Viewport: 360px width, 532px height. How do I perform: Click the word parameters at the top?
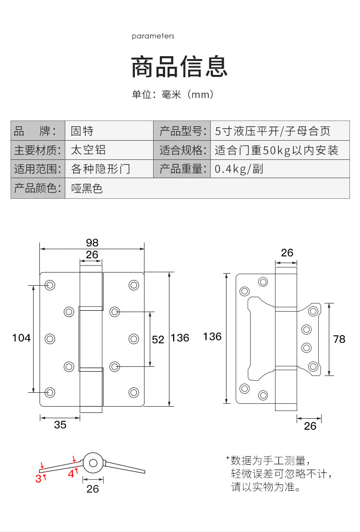(x=153, y=36)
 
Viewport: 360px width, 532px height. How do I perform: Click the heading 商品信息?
(x=180, y=66)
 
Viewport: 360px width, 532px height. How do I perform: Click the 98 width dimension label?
(x=92, y=242)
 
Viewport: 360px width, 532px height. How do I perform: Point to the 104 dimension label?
(x=22, y=338)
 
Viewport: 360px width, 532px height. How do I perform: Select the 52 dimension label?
(x=158, y=339)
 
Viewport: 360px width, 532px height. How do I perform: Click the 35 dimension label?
(x=60, y=425)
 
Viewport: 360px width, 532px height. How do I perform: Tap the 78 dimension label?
(x=339, y=339)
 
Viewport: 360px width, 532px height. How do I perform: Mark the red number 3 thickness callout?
(x=38, y=479)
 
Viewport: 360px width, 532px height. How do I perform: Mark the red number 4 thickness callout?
(x=71, y=473)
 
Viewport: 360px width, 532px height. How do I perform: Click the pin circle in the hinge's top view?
(x=93, y=463)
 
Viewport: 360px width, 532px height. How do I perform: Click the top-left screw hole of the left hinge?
(x=50, y=285)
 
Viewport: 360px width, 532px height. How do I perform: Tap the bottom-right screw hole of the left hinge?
(x=134, y=393)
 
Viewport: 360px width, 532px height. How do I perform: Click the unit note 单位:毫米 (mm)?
(x=173, y=94)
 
